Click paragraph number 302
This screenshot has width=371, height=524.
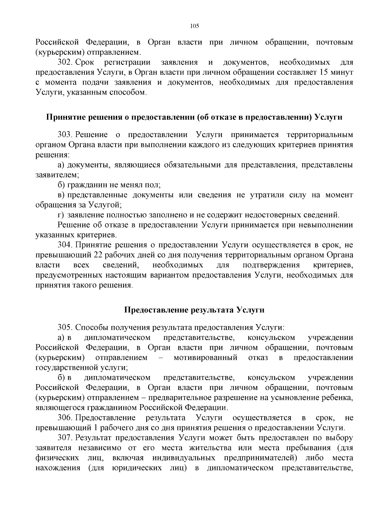click(65, 63)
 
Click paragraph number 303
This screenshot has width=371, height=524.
click(65, 135)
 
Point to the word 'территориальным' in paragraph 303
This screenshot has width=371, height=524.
click(320, 135)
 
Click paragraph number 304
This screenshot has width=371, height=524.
click(65, 245)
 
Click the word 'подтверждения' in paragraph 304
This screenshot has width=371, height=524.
click(271, 265)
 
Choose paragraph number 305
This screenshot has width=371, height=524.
click(65, 327)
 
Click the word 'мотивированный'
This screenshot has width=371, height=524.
click(205, 358)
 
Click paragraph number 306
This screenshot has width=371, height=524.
click(65, 418)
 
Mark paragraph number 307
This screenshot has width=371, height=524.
click(65, 438)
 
